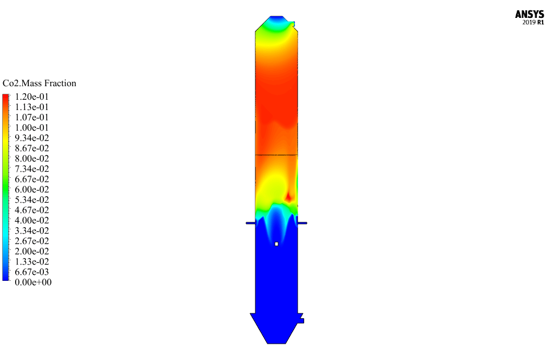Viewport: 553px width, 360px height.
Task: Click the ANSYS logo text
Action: tap(529, 14)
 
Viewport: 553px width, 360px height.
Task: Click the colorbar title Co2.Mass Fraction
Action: tap(39, 83)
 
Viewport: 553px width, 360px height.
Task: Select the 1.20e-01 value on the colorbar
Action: tap(32, 97)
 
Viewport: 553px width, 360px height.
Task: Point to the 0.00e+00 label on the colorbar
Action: tap(33, 282)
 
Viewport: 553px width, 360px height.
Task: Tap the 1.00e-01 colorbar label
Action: tap(32, 127)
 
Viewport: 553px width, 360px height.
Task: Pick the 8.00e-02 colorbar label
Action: tap(32, 158)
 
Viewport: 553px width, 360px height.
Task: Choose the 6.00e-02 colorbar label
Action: tap(32, 189)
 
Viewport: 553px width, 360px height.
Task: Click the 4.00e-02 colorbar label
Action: tap(32, 220)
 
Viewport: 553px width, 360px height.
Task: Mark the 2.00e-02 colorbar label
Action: tap(32, 251)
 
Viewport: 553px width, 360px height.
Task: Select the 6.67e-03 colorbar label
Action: tap(32, 272)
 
